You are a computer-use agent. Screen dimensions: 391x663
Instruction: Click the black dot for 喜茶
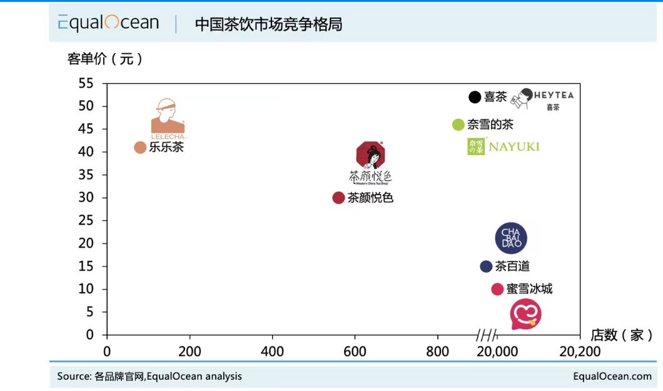(x=475, y=97)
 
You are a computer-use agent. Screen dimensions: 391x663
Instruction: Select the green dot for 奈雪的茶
(x=458, y=124)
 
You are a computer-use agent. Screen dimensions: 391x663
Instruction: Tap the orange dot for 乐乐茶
(x=140, y=148)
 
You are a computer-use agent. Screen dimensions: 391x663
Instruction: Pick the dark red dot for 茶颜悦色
(x=338, y=198)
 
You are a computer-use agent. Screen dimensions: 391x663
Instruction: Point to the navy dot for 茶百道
(x=486, y=267)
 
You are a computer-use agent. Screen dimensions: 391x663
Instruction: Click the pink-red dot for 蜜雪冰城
(x=497, y=289)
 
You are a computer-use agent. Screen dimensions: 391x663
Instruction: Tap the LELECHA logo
(x=168, y=119)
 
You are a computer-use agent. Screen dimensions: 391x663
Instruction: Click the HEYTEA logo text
(x=553, y=96)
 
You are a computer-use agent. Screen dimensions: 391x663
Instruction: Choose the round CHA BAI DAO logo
(x=511, y=238)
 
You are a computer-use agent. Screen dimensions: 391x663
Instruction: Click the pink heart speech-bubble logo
(x=525, y=314)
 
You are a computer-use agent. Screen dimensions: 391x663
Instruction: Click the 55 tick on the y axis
(x=86, y=83)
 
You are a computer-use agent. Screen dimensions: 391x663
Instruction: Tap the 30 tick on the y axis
(x=86, y=198)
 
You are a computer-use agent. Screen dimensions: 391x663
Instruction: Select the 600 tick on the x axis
(x=355, y=352)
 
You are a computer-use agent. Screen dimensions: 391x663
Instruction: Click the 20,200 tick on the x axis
(x=579, y=352)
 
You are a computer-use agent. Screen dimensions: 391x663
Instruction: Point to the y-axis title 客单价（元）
(x=106, y=59)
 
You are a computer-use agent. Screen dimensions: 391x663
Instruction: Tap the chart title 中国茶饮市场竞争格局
(x=268, y=24)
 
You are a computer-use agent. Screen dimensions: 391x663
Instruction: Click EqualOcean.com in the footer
(x=612, y=376)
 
